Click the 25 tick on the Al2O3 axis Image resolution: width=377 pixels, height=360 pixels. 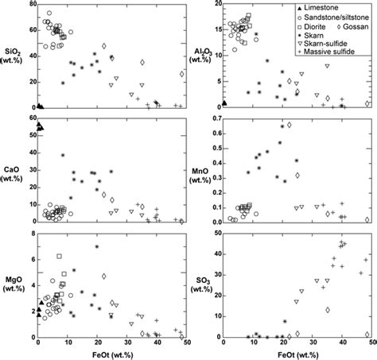[216, 6]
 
